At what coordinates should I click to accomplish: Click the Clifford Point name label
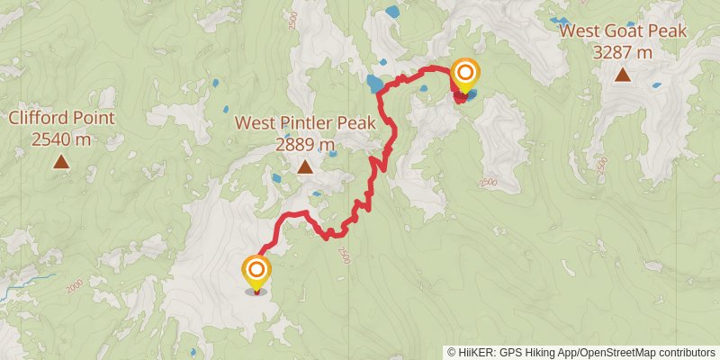pyautogui.click(x=61, y=118)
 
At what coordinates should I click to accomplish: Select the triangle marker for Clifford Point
pyautogui.click(x=61, y=162)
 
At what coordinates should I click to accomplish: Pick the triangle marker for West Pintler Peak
pyautogui.click(x=305, y=166)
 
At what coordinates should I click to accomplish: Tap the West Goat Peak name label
pyautogui.click(x=623, y=31)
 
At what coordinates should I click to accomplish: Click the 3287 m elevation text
pyautogui.click(x=623, y=52)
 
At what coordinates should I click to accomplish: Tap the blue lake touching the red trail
pyautogui.click(x=373, y=85)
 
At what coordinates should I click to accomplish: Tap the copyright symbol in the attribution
pyautogui.click(x=452, y=352)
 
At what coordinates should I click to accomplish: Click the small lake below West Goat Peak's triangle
pyautogui.click(x=656, y=86)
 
